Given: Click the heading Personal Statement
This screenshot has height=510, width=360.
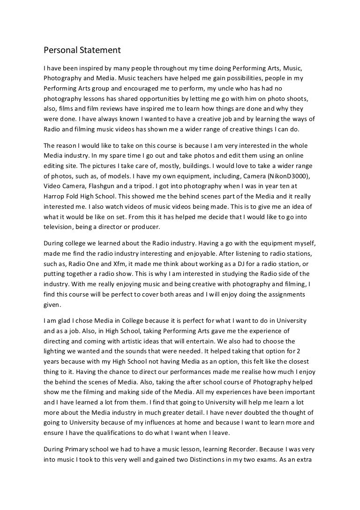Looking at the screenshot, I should [82, 49].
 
